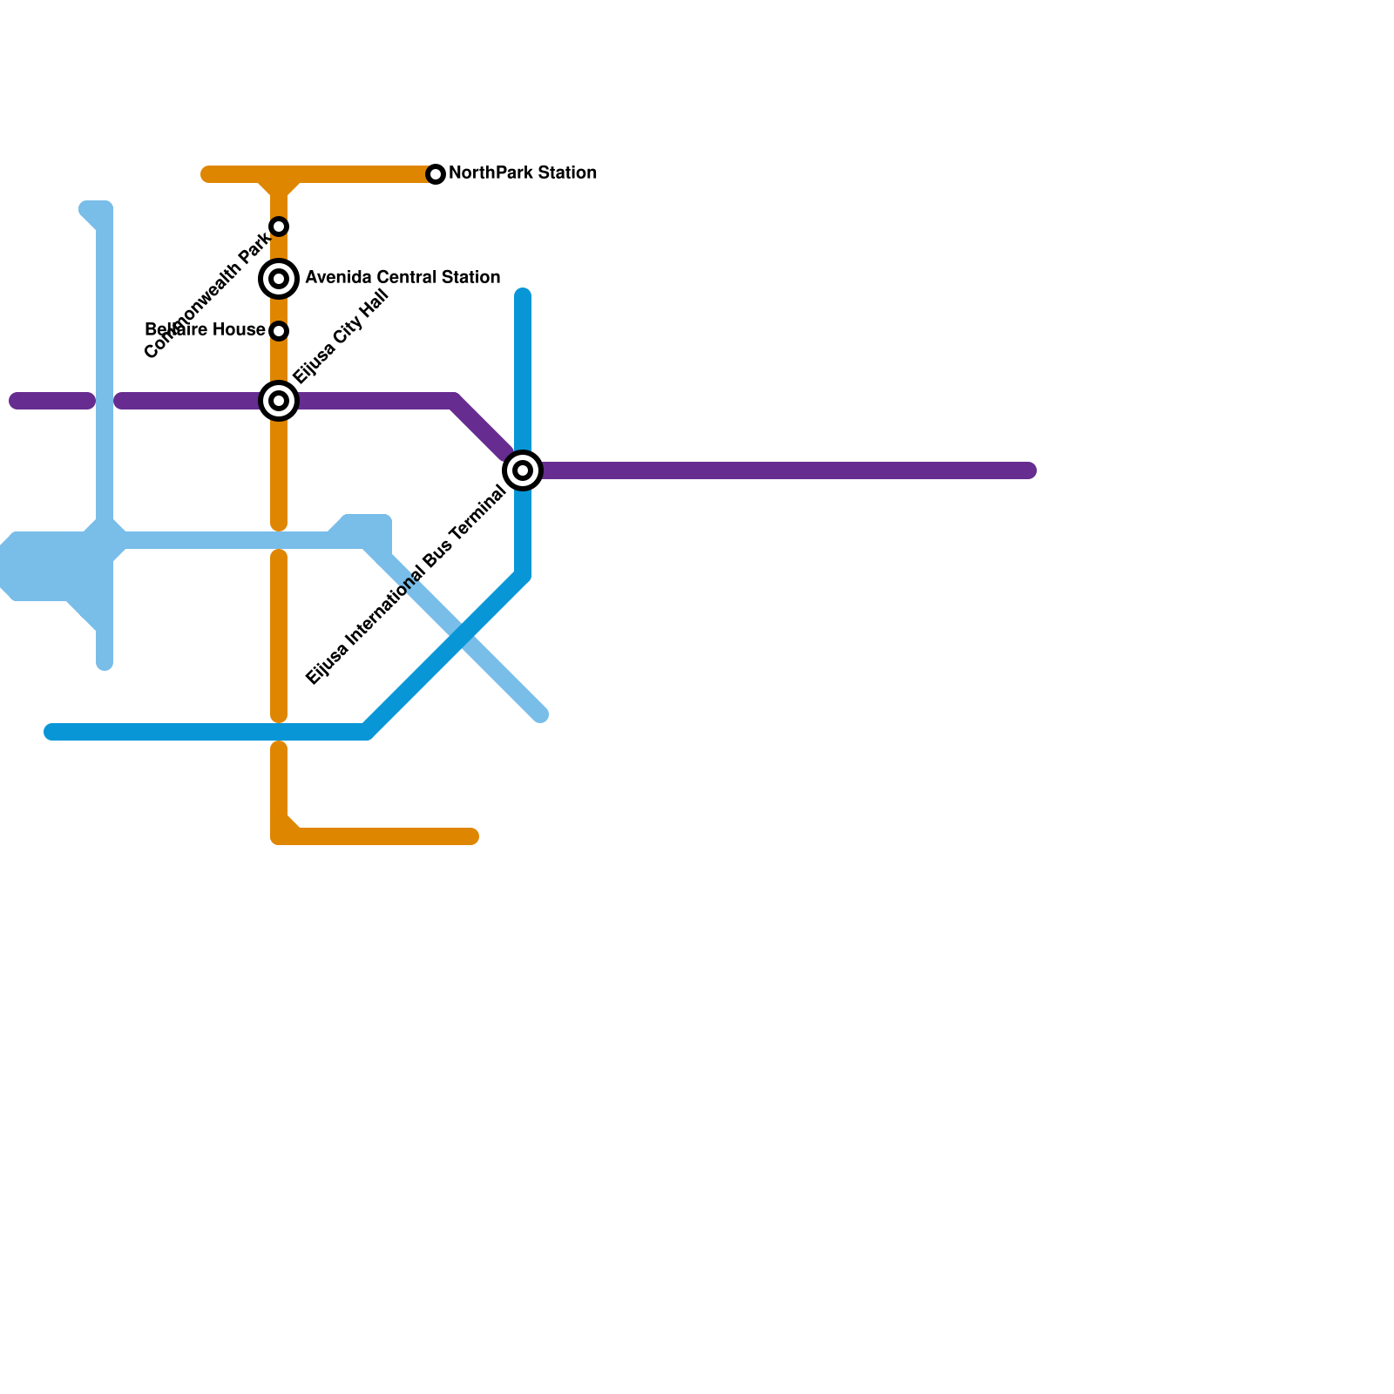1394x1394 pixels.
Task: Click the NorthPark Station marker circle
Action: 436,174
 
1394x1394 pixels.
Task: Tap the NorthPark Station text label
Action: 523,173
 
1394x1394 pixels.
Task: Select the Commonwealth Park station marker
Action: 279,227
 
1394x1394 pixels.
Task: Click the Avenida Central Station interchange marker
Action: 279,279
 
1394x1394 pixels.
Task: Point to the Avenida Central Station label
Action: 403,278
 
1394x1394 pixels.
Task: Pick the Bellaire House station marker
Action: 279,331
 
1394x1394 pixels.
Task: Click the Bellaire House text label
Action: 205,330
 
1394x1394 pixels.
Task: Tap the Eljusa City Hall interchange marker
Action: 279,401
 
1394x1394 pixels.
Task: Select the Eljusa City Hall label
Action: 340,336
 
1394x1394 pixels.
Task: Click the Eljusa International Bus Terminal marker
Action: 523,470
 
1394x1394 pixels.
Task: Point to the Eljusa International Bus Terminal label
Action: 406,585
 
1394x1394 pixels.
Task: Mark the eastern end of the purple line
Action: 1029,470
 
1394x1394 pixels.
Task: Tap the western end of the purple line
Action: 16,401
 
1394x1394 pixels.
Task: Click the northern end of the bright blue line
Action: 523,295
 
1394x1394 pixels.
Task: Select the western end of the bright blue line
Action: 51,732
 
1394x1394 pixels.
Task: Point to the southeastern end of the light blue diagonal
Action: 541,715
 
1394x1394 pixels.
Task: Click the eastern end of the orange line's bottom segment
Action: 471,836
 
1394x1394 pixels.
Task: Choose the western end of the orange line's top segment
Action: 207,174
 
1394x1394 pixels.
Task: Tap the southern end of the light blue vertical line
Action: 105,664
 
